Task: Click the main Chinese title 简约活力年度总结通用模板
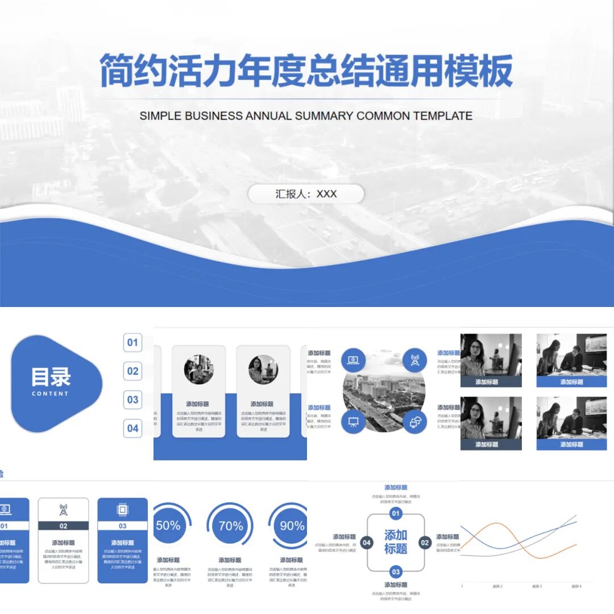[x=306, y=71]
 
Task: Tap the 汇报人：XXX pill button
[x=306, y=194]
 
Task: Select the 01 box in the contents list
[x=132, y=342]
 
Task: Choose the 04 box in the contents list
[x=132, y=428]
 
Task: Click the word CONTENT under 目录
[x=50, y=393]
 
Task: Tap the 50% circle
[x=168, y=525]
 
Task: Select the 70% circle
[x=230, y=526]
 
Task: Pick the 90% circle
[x=291, y=526]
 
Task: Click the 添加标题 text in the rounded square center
[x=396, y=542]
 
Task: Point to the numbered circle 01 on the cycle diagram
[x=396, y=514]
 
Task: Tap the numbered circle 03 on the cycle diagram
[x=396, y=571]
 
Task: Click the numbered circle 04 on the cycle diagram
[x=367, y=542]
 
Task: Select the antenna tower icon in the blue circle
[x=414, y=360]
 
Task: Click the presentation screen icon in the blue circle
[x=353, y=422]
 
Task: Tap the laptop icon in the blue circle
[x=353, y=360]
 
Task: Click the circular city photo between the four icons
[x=384, y=392]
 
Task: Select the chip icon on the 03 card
[x=122, y=509]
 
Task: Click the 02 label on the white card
[x=63, y=526]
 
